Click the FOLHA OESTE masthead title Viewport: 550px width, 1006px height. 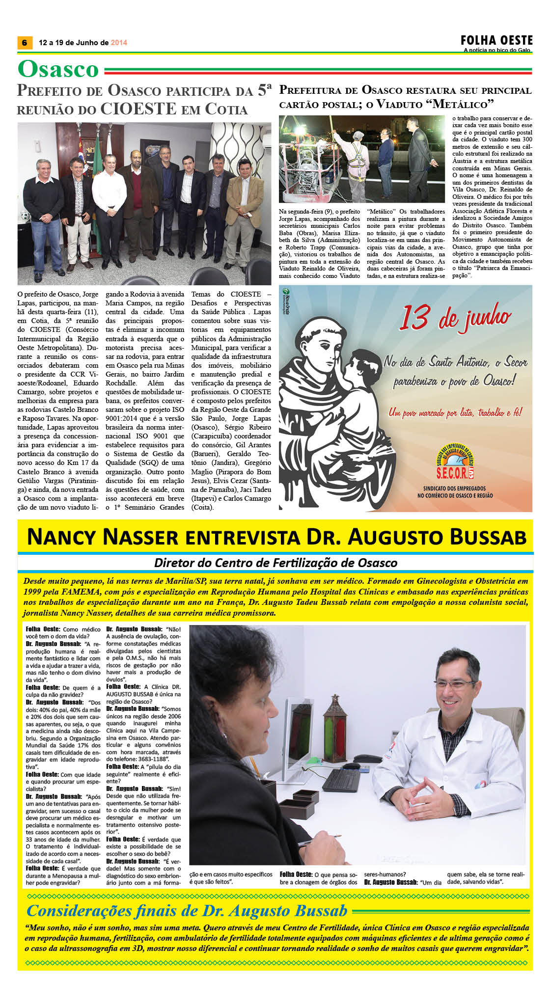(496, 40)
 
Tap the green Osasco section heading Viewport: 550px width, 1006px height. (58, 69)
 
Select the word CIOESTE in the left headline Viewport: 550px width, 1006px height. (138, 109)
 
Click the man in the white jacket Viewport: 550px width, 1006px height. (109, 206)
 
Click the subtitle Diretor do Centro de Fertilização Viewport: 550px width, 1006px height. (275, 563)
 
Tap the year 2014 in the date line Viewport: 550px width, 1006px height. (119, 43)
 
